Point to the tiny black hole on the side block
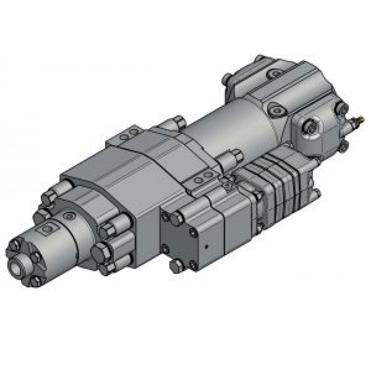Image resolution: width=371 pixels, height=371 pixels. (207, 246)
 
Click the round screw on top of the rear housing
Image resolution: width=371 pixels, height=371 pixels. (275, 73)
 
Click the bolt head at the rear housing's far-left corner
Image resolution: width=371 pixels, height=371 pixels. (227, 79)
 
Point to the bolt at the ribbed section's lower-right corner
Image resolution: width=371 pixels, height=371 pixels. (316, 193)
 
